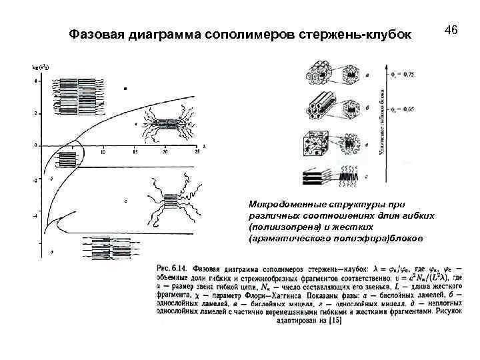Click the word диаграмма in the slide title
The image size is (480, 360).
tap(170, 33)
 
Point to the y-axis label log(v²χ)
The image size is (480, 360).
tap(39, 67)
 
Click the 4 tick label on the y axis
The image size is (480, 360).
tap(36, 81)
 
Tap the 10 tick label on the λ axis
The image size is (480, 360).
tap(103, 152)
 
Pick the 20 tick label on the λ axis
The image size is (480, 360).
tap(164, 152)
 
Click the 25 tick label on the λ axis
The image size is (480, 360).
tap(197, 152)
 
